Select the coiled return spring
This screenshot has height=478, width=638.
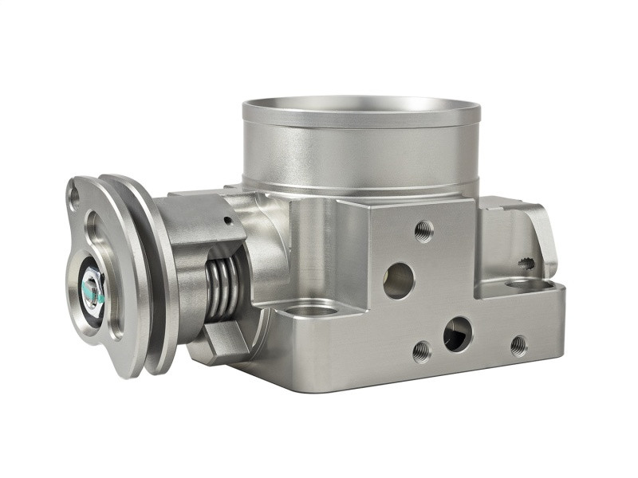(222, 288)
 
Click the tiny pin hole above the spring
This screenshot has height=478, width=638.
(228, 221)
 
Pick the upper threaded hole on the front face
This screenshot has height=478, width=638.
(424, 232)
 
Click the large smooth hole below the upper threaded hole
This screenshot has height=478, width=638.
(399, 280)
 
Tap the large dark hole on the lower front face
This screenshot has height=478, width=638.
(457, 334)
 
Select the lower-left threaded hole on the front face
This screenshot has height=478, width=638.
(422, 351)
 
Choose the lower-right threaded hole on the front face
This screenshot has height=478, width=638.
(518, 345)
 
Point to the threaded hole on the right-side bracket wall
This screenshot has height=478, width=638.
(526, 262)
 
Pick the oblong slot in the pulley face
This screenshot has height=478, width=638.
(96, 231)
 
